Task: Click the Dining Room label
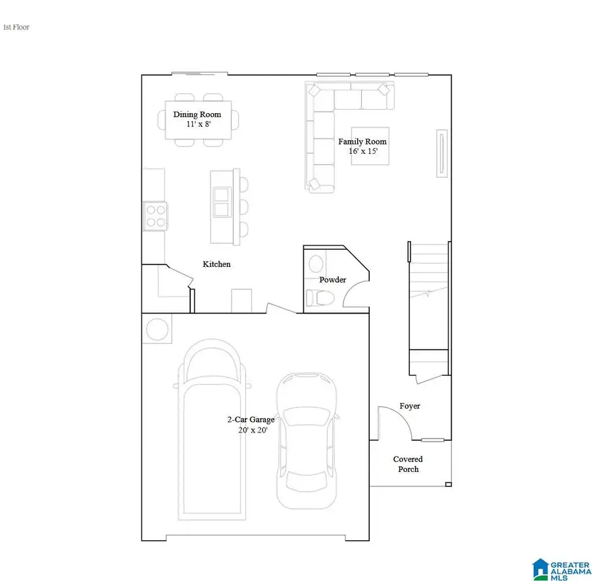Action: [x=197, y=114]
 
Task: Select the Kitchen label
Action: [x=216, y=264]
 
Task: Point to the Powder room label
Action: [x=332, y=280]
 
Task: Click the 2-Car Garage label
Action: [x=251, y=419]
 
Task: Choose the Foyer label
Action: [x=410, y=406]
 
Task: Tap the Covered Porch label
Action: [x=408, y=464]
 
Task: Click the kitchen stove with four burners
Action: [x=155, y=216]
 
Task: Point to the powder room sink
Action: [x=316, y=264]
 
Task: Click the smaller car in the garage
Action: [x=307, y=440]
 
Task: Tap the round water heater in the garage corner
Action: [x=157, y=329]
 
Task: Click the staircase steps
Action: [x=430, y=296]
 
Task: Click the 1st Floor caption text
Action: [x=16, y=28]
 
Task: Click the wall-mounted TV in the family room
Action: [x=440, y=152]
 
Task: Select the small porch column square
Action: [x=449, y=485]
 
